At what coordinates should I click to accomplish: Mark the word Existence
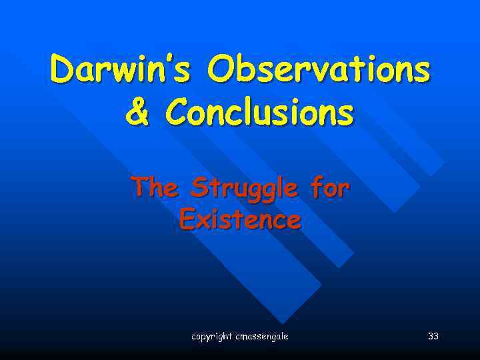[240, 219]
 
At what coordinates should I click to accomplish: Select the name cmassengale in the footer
[262, 337]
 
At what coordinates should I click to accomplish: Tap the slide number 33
[433, 337]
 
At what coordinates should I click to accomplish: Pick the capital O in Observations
[221, 70]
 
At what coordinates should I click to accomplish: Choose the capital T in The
[140, 187]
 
